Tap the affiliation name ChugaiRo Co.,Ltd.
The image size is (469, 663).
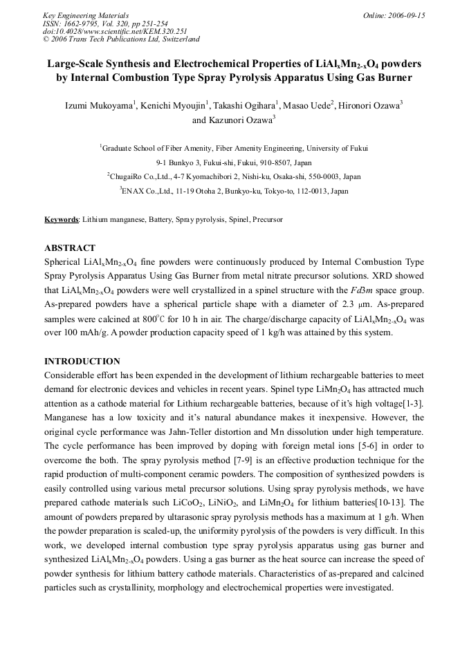(x=140, y=176)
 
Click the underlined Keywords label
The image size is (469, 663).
(x=61, y=219)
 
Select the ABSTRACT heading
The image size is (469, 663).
(x=70, y=248)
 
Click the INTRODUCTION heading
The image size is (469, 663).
(x=82, y=361)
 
